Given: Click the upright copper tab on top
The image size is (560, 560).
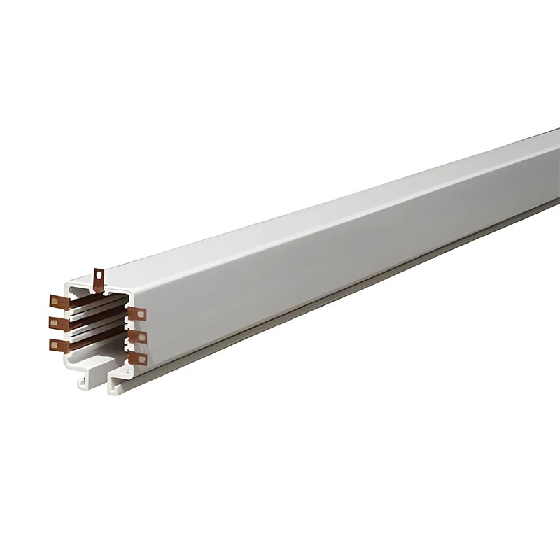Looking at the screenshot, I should click(x=99, y=279).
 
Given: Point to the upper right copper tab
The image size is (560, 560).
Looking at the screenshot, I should click(x=137, y=314).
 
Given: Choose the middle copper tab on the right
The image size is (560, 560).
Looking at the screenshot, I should click(x=137, y=337).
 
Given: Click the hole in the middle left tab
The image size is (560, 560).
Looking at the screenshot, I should click(x=53, y=323).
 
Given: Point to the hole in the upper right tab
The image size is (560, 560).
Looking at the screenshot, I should click(x=141, y=315).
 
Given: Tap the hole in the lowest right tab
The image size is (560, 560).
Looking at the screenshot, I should click(x=141, y=360).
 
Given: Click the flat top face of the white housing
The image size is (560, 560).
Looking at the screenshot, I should click(x=315, y=210).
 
